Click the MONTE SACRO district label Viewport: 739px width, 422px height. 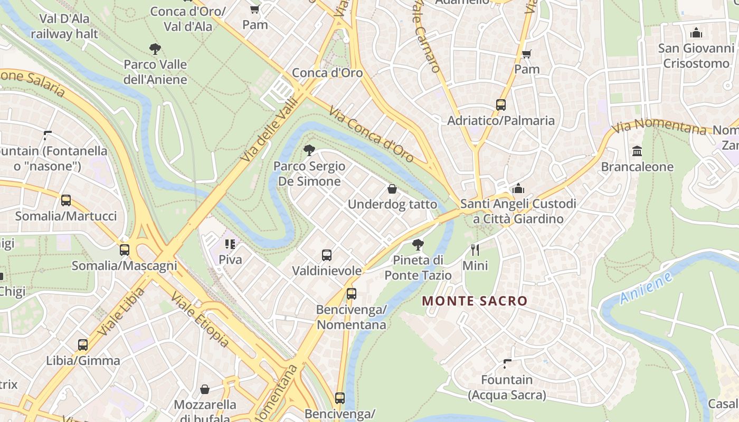(x=475, y=301)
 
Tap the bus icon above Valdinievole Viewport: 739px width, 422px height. (x=327, y=255)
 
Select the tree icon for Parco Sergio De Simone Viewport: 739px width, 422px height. (x=309, y=151)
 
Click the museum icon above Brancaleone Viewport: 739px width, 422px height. (x=637, y=151)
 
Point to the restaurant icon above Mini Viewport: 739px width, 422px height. (x=475, y=250)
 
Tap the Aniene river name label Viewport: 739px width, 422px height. (x=646, y=288)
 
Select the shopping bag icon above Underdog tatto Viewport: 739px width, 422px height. (x=392, y=189)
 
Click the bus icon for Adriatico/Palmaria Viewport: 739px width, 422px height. (x=501, y=105)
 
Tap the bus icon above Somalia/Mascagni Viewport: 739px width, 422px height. (x=125, y=250)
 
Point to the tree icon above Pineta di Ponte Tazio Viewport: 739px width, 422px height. (x=418, y=245)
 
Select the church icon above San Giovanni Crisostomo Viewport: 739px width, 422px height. (x=696, y=33)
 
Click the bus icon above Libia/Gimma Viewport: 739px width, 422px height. (x=83, y=345)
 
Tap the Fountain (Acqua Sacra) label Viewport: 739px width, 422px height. (x=507, y=387)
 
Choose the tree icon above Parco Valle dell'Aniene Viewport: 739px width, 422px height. (x=155, y=50)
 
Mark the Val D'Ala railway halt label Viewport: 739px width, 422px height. (x=64, y=26)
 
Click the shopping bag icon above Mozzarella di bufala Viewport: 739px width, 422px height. (x=205, y=389)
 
